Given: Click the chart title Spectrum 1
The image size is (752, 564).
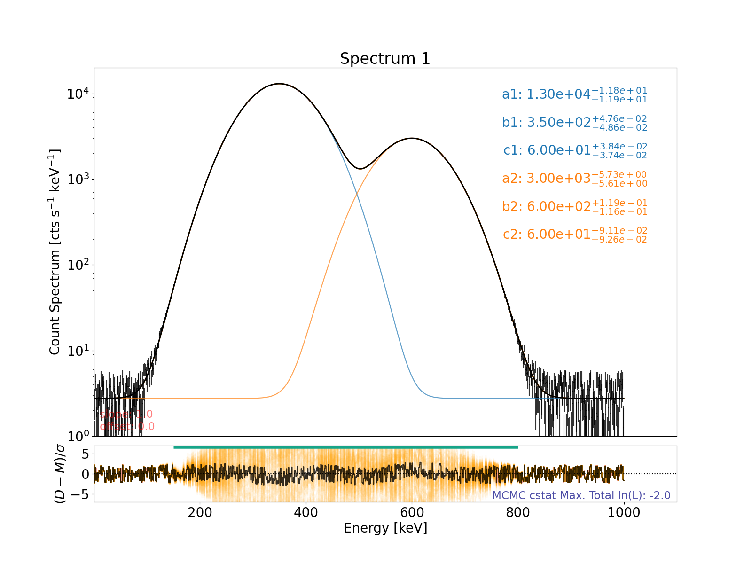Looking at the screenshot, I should click(385, 59).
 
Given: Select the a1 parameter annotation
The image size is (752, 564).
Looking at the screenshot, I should click(574, 94).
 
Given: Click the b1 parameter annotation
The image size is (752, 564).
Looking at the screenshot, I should click(574, 122).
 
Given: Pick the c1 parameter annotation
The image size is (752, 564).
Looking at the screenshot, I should click(575, 150).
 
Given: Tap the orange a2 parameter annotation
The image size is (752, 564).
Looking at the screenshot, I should click(574, 179).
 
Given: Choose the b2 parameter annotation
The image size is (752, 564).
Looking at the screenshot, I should click(574, 206).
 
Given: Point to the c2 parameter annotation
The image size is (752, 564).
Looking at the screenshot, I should click(575, 234).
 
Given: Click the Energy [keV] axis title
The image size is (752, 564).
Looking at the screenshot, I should click(385, 528).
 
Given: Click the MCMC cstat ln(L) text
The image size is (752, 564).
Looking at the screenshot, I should click(581, 495).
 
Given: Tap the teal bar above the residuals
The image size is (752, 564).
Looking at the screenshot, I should click(345, 447).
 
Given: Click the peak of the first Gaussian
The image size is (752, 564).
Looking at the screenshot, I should click(279, 84).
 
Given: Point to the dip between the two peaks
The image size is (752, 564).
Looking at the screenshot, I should click(360, 168).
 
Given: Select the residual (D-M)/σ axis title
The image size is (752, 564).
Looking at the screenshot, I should click(61, 474).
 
